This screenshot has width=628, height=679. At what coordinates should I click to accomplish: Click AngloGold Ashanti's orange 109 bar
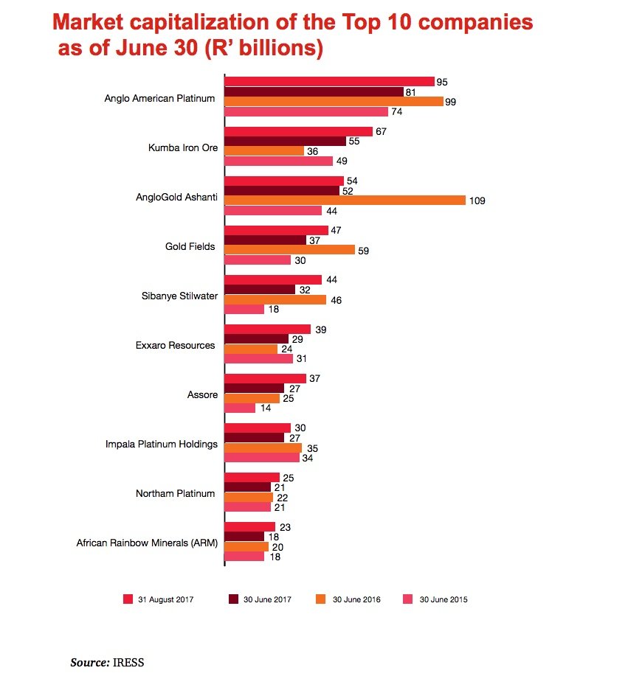[345, 201]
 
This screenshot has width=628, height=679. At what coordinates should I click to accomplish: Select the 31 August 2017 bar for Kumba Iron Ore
[298, 131]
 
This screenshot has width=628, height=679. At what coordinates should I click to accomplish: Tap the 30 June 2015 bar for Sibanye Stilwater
[244, 310]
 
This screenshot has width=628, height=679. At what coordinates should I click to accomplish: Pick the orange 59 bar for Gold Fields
[289, 250]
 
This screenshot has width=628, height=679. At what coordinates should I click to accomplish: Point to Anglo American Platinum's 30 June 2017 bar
[314, 91]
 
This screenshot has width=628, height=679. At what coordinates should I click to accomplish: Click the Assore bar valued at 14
[240, 408]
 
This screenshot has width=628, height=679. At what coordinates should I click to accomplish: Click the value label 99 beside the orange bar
[450, 102]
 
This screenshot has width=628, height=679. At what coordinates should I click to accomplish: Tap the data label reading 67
[381, 131]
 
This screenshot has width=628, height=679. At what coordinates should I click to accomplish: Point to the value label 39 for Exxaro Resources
[320, 329]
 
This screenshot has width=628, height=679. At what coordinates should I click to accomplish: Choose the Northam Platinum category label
[175, 493]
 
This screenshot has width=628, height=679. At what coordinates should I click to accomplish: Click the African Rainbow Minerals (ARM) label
[147, 543]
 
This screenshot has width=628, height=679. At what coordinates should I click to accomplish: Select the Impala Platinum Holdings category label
[162, 445]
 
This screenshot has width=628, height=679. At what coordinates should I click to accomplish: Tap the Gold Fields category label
[190, 246]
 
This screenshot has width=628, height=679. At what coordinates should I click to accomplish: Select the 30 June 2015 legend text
[444, 599]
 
